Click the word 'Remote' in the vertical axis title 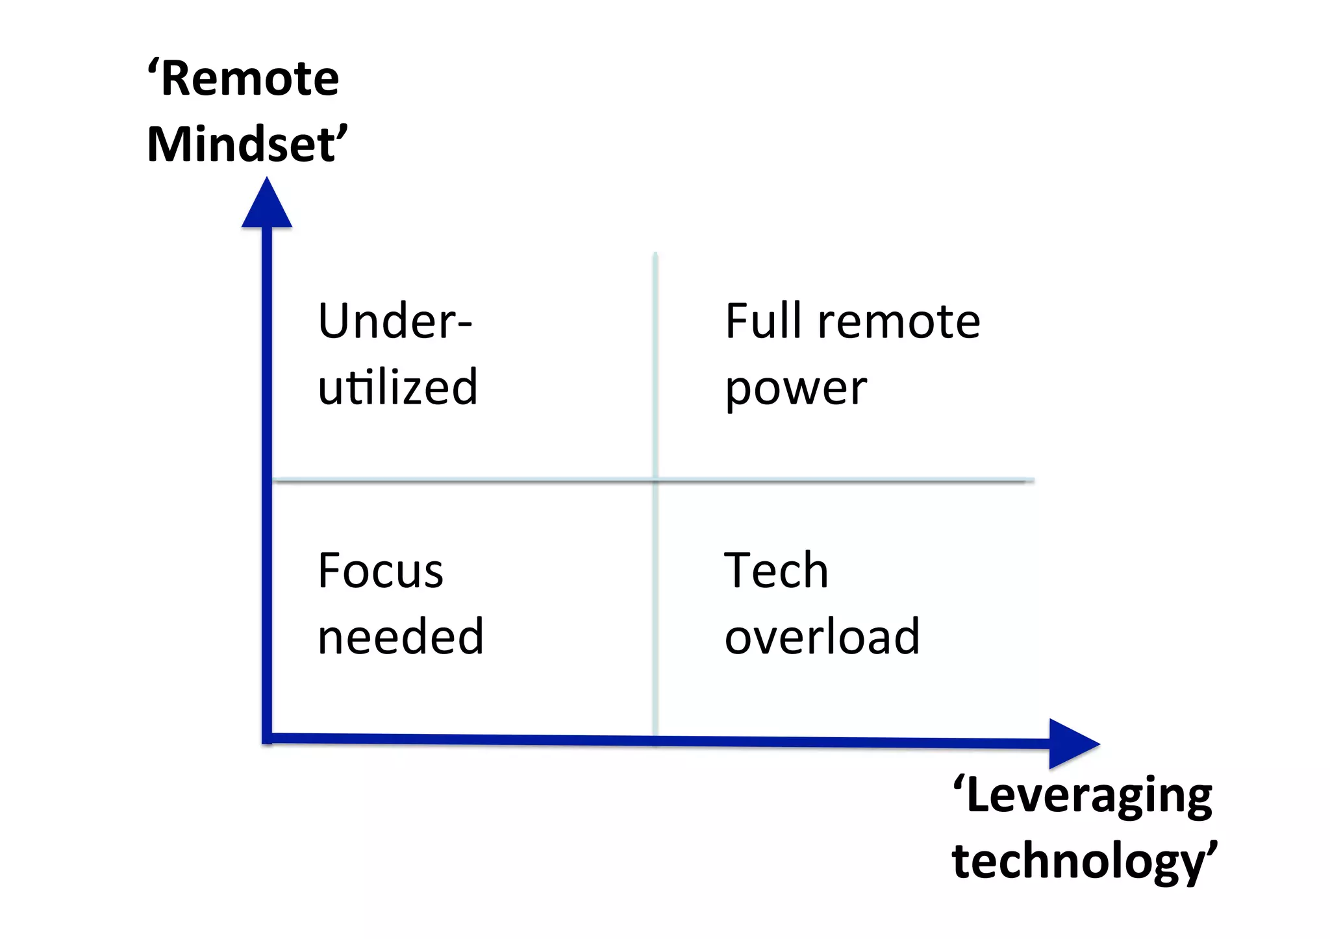(x=249, y=79)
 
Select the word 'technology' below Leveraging (x=1078, y=861)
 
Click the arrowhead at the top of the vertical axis (x=266, y=204)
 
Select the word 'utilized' (x=397, y=387)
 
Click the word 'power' (x=796, y=389)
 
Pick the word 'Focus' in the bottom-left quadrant (x=381, y=571)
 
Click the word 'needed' (x=400, y=637)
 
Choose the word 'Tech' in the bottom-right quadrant (x=776, y=571)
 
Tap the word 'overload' (x=822, y=637)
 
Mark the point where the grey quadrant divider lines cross (x=655, y=480)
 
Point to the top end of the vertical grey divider (x=655, y=254)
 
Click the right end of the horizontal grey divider (x=1032, y=481)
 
